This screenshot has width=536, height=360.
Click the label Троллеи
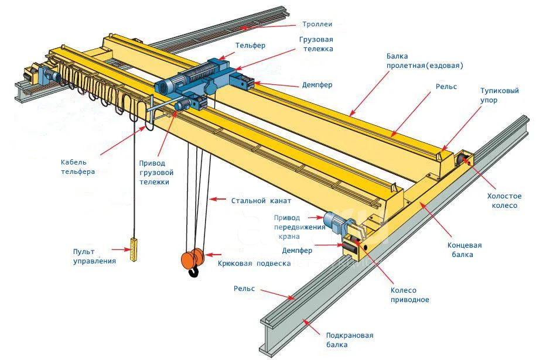pos(317,24)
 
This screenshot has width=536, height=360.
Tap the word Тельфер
pos(250,46)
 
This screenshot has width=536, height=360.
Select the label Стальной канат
pos(261,201)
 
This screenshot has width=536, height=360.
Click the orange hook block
pos(193,259)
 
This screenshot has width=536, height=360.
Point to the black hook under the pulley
pos(194,272)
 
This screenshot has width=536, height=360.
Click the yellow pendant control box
pos(134,250)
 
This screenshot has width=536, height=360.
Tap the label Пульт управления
pos(94,256)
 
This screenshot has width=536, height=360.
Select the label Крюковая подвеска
pos(254,263)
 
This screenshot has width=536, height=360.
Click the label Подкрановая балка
pos(350,340)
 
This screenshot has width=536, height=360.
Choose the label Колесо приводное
pos(410,295)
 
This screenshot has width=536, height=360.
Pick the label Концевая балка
pos(464,250)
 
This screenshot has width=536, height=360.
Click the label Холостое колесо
pos(504,201)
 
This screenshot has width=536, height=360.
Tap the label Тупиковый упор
pos(500,95)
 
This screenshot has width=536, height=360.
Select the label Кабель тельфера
pos(78,167)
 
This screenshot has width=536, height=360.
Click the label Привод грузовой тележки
pos(156,173)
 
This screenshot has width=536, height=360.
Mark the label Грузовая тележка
pos(316,44)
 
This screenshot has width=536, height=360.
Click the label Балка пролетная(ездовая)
pos(425,60)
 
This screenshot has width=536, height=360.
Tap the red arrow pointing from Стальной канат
pos(217,199)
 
